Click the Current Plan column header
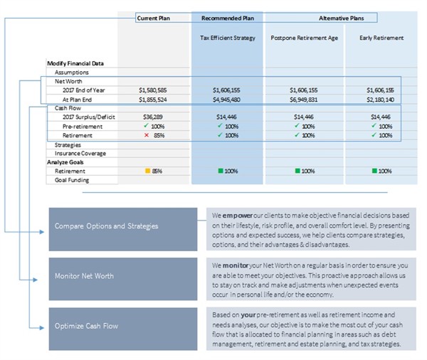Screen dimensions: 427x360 [153, 18]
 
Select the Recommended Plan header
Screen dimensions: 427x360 [228, 18]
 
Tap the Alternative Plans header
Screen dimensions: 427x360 [341, 18]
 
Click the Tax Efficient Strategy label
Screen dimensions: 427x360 [228, 38]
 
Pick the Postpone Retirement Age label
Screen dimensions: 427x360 [304, 38]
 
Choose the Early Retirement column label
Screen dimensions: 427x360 [381, 38]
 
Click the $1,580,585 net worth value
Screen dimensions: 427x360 [153, 90]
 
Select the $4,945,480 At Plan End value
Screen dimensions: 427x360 [226, 100]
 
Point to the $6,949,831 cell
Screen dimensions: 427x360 [304, 100]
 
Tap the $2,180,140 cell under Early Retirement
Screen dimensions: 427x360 [381, 100]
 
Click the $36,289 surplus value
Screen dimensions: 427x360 [153, 117]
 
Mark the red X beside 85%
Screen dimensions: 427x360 [147, 135]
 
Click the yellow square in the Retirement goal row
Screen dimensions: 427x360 [147, 171]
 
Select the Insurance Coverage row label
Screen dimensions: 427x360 [80, 153]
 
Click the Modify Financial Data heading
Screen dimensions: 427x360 [75, 63]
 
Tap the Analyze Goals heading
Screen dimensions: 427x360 [65, 162]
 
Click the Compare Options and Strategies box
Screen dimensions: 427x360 [123, 229]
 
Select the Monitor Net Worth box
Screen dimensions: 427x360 [123, 279]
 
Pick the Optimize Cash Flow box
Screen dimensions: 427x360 [123, 329]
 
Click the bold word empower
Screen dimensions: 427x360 [238, 216]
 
